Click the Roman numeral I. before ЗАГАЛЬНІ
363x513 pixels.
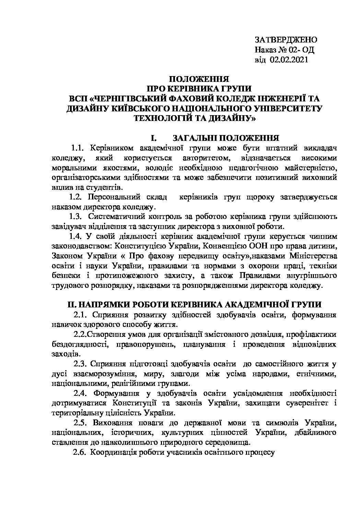153,138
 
